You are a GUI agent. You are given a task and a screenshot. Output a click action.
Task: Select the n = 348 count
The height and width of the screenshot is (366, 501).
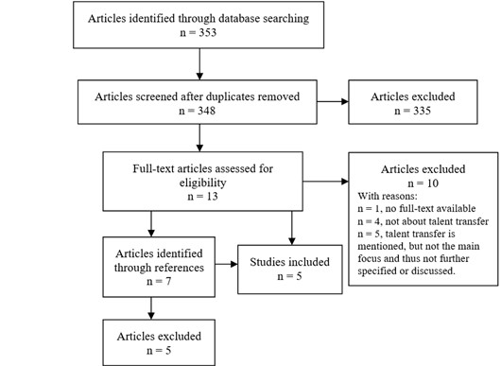[x=199, y=113]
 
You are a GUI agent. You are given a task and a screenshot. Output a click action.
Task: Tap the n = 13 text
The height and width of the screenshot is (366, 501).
[x=199, y=197]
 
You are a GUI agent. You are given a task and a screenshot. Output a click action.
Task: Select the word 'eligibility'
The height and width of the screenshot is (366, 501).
[x=199, y=182]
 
